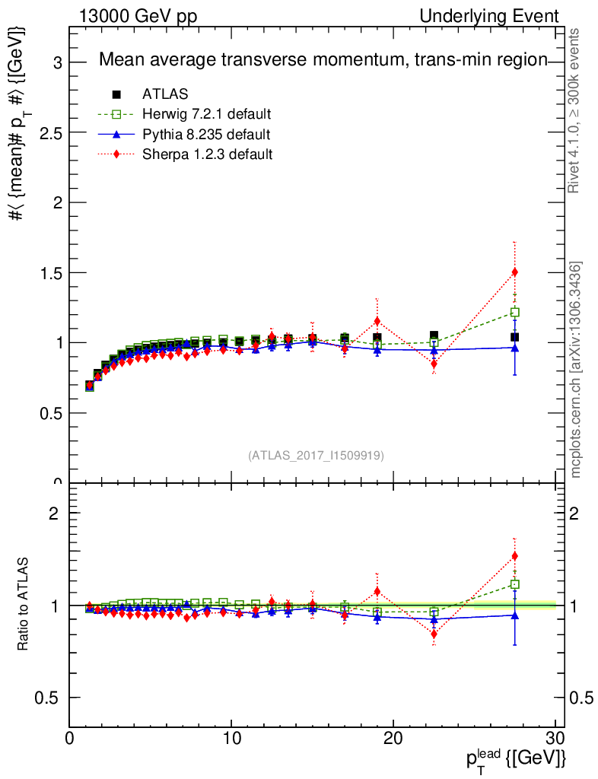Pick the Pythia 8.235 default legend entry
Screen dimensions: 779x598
(x=205, y=135)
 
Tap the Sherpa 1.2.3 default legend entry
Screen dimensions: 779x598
(x=208, y=154)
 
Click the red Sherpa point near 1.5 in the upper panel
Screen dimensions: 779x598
(x=515, y=272)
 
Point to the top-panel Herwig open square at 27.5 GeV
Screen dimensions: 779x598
(x=515, y=312)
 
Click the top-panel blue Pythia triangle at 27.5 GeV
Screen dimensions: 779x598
(x=515, y=348)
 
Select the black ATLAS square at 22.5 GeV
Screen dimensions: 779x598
(x=434, y=335)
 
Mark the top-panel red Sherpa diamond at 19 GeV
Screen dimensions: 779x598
(x=377, y=321)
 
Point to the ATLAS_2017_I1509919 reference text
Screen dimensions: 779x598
(x=316, y=456)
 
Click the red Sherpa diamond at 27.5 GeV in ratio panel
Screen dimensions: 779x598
(x=515, y=556)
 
